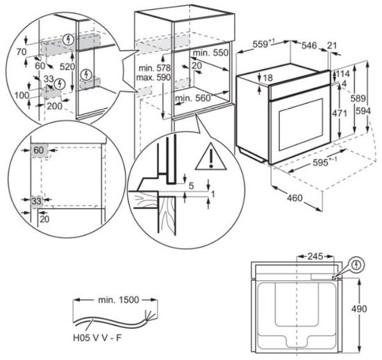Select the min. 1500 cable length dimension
119,300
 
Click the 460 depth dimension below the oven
294,199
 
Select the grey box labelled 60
38,151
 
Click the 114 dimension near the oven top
342,74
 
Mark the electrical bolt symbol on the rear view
357,264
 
